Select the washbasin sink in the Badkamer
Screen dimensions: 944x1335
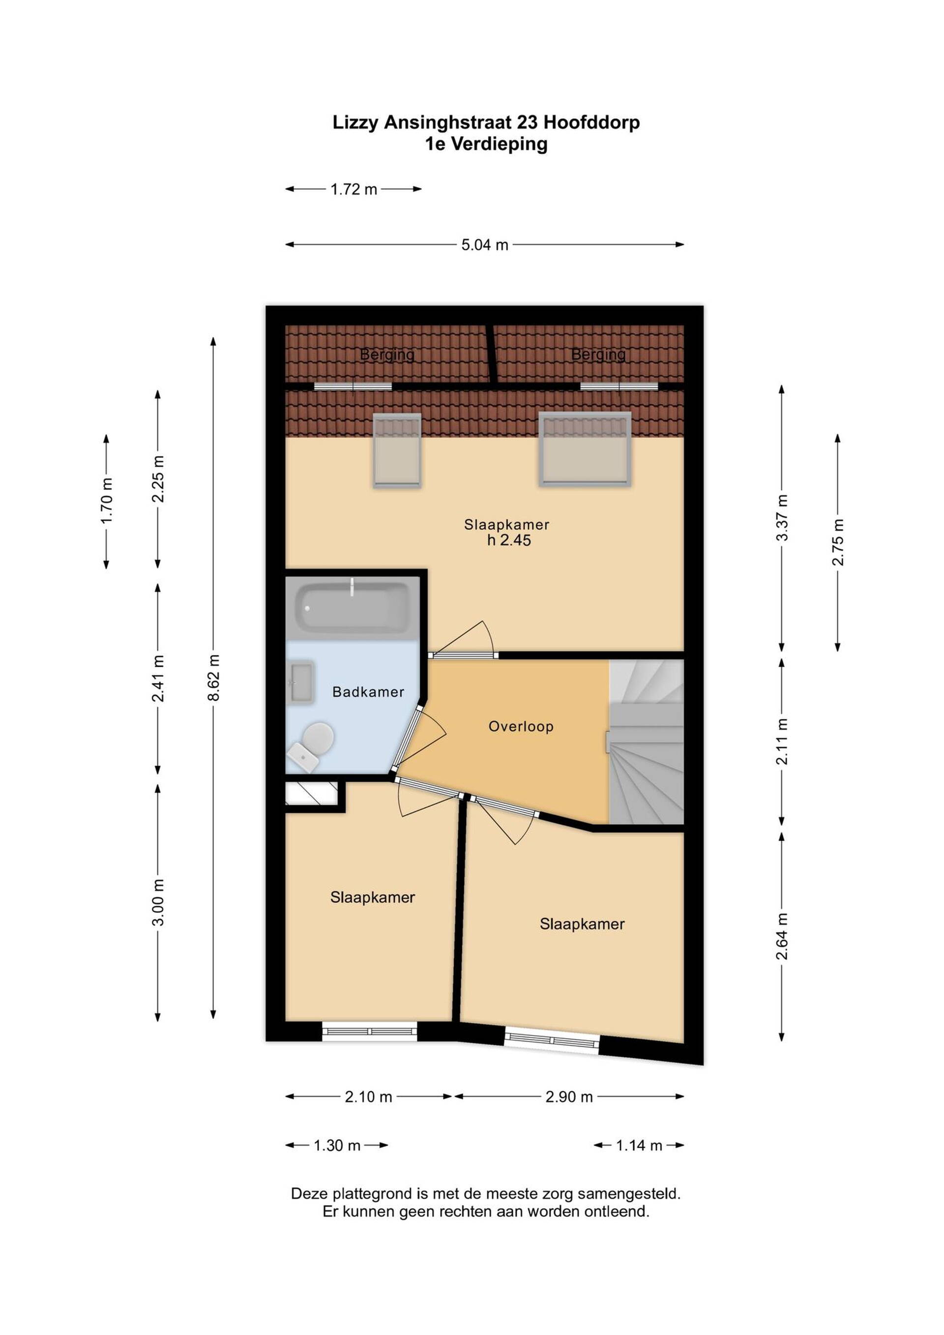click(301, 682)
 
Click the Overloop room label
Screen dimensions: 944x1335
click(521, 726)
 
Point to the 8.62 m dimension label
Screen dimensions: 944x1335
click(214, 678)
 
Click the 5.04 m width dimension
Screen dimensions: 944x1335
click(485, 245)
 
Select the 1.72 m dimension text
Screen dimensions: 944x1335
click(354, 189)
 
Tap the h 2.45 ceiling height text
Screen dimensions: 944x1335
click(509, 540)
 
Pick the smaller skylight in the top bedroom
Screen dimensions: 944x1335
click(397, 450)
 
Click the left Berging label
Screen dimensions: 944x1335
click(387, 354)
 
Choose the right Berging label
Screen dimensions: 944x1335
click(598, 354)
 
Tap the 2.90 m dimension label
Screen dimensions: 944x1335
click(569, 1097)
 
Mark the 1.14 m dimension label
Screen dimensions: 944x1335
click(639, 1146)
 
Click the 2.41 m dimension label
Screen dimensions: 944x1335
click(158, 678)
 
